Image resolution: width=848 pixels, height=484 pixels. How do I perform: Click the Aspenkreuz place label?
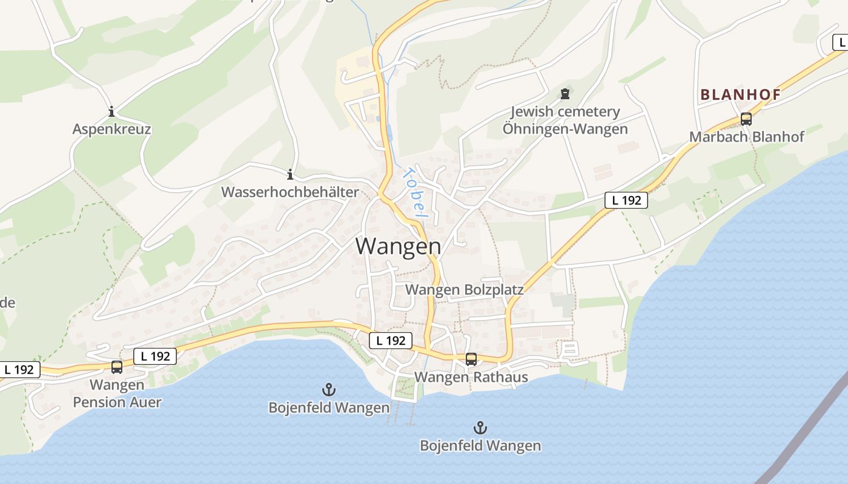pyautogui.click(x=111, y=129)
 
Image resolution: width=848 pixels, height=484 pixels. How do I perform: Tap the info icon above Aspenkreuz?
pyautogui.click(x=111, y=111)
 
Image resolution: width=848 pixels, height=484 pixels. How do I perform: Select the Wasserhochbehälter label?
pyautogui.click(x=290, y=192)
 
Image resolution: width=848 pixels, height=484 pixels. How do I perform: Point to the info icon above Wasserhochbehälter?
pyautogui.click(x=290, y=174)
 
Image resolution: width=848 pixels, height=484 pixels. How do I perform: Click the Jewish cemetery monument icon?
pyautogui.click(x=565, y=94)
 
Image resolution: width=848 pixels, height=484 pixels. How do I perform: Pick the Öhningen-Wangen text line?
pyautogui.click(x=565, y=129)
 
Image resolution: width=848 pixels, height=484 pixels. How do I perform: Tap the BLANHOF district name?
pyautogui.click(x=740, y=94)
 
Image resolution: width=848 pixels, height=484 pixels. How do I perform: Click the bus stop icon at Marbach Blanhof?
pyautogui.click(x=746, y=119)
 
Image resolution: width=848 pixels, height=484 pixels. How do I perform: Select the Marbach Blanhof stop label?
pyautogui.click(x=747, y=137)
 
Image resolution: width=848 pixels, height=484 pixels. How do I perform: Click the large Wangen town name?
pyautogui.click(x=398, y=246)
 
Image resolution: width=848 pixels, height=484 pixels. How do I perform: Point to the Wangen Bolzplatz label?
pyautogui.click(x=465, y=290)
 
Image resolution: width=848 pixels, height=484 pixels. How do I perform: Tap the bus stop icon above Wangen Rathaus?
pyautogui.click(x=471, y=359)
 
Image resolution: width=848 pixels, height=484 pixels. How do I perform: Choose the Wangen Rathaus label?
pyautogui.click(x=471, y=377)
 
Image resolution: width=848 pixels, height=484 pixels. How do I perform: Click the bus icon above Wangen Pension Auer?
pyautogui.click(x=117, y=367)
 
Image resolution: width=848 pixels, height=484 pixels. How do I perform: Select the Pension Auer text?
pyautogui.click(x=118, y=402)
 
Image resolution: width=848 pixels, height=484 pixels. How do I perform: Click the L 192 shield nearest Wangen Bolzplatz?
pyautogui.click(x=391, y=340)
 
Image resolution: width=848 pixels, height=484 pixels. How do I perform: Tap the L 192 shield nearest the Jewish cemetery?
pyautogui.click(x=626, y=200)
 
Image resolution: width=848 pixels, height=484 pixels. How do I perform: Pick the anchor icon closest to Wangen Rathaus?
pyautogui.click(x=480, y=428)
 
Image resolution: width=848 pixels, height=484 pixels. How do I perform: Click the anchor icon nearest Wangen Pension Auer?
pyautogui.click(x=329, y=390)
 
